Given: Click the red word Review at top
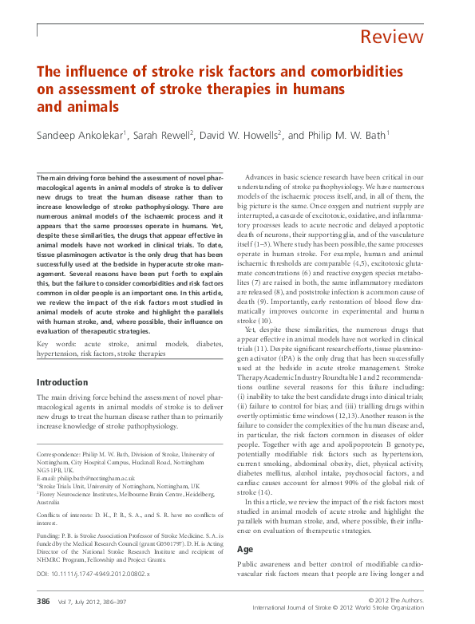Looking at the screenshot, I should coord(391,37).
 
